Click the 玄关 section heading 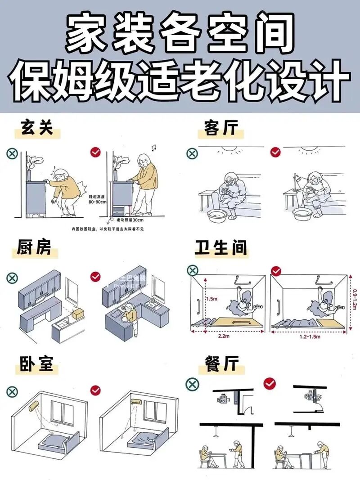click(x=37, y=128)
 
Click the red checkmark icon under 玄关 click(x=95, y=153)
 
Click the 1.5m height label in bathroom click(x=212, y=298)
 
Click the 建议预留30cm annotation click(x=130, y=220)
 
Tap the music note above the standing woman click(x=153, y=147)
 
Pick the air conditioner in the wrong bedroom click(x=34, y=405)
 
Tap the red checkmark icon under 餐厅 click(x=270, y=383)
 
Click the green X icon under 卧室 click(x=12, y=391)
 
